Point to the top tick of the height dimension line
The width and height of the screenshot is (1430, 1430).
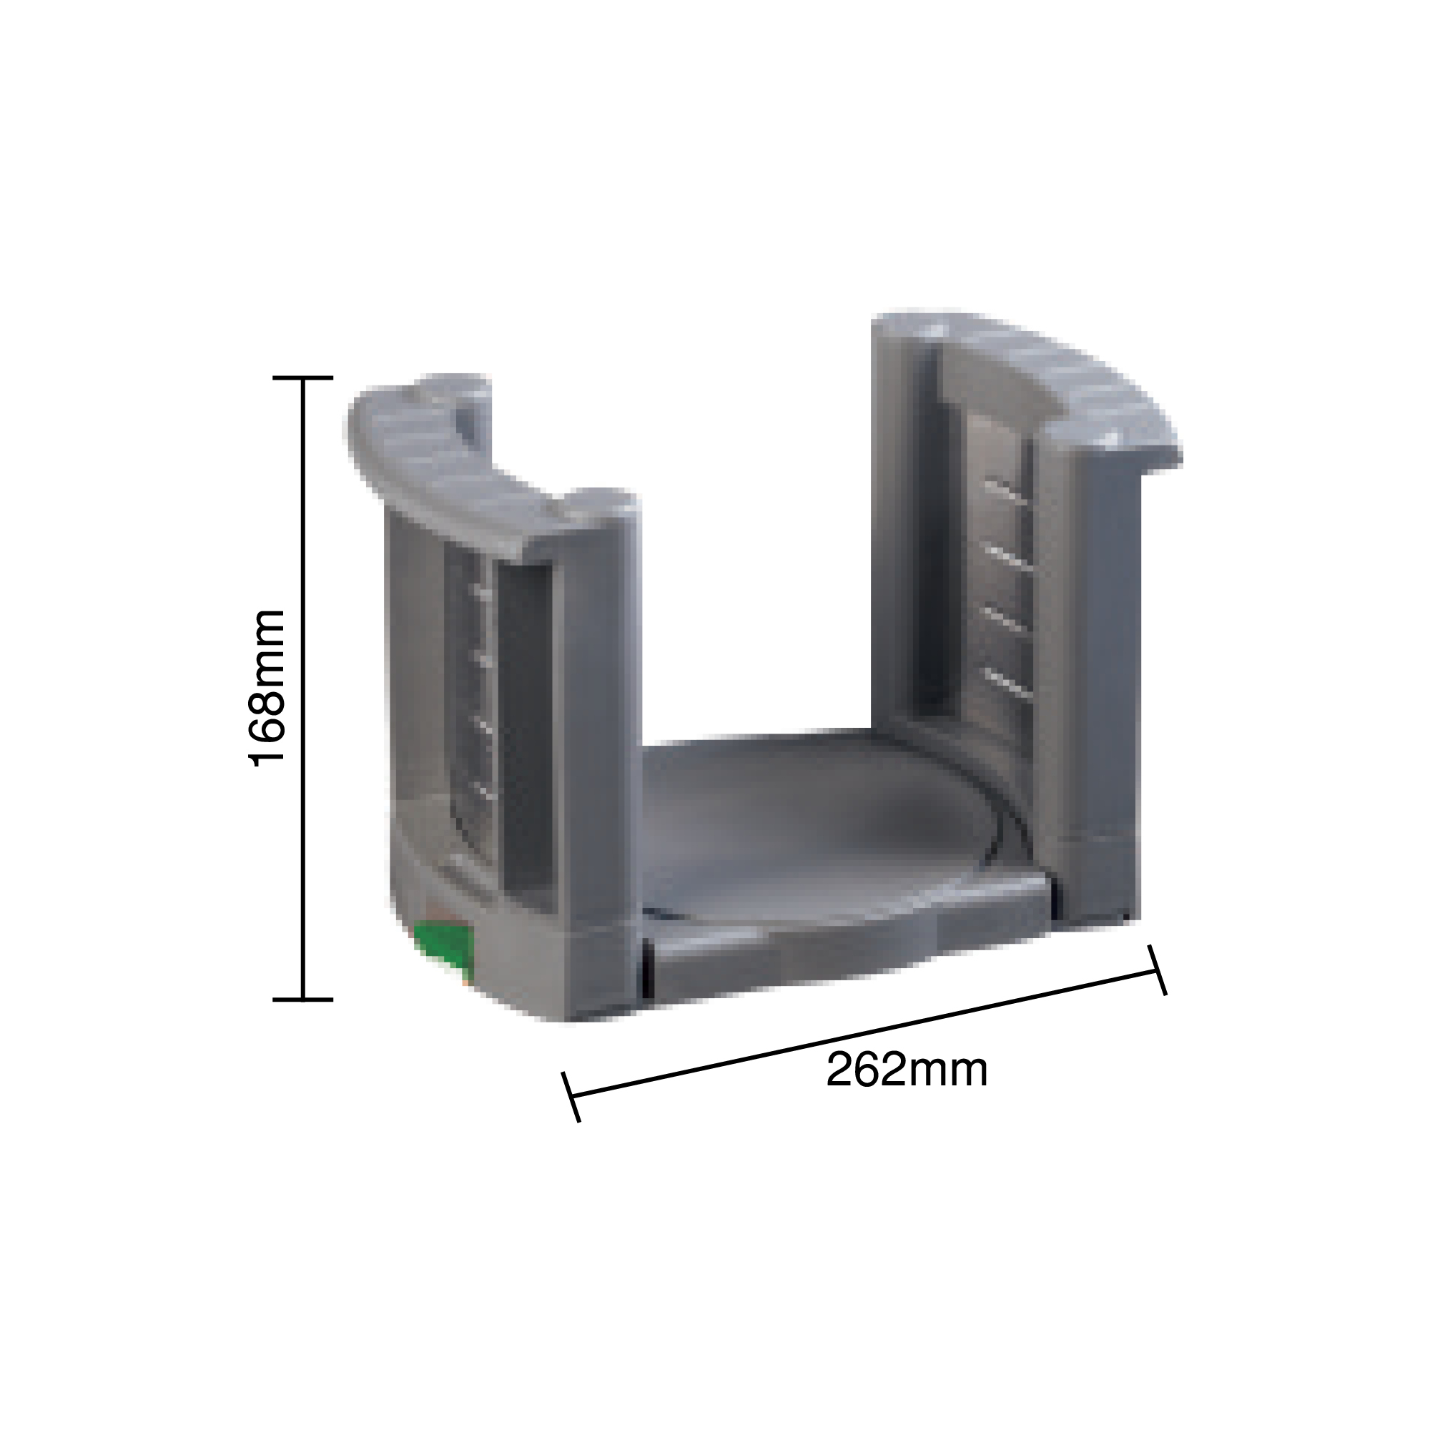pyautogui.click(x=302, y=378)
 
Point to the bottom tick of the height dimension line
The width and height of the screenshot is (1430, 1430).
pyautogui.click(x=302, y=1000)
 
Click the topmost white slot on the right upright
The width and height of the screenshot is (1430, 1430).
pyautogui.click(x=1007, y=492)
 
